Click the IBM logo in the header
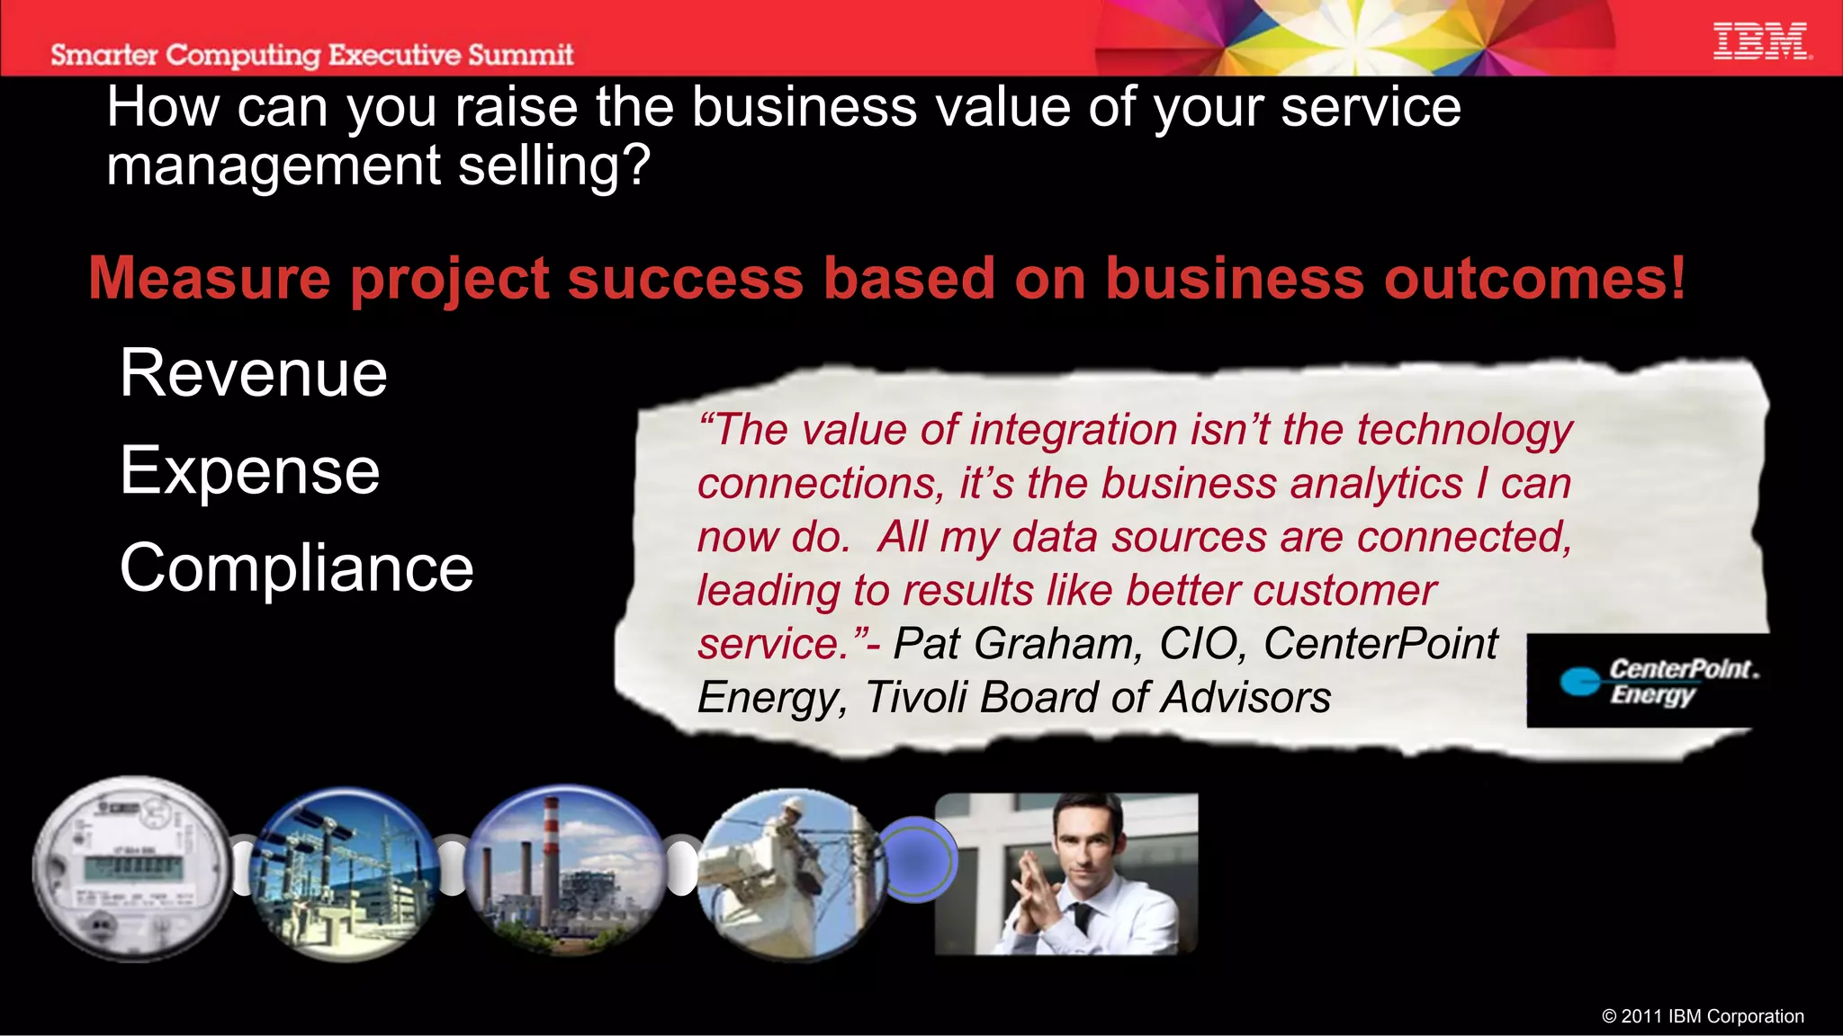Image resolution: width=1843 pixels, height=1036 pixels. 1761,42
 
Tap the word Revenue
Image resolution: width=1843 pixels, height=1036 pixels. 253,373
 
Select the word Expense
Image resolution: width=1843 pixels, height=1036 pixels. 249,470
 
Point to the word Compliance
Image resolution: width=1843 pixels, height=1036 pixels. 296,568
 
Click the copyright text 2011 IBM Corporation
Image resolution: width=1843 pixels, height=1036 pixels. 1703,1016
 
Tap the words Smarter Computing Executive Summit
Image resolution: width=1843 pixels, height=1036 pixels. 311,55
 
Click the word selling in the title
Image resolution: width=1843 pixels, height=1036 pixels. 553,166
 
